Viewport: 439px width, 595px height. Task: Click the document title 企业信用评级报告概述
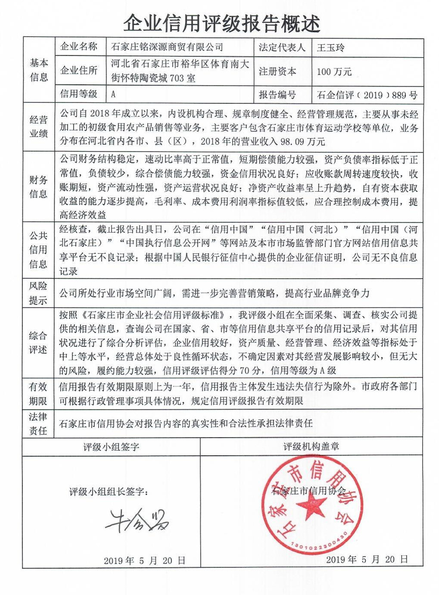click(221, 22)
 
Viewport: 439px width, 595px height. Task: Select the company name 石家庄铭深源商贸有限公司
click(167, 47)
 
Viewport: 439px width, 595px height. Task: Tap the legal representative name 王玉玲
click(330, 47)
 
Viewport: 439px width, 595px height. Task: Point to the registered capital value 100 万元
click(334, 72)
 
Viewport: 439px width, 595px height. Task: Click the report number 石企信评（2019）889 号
click(367, 95)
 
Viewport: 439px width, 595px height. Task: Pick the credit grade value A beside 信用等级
click(113, 94)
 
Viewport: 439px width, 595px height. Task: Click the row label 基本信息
click(39, 70)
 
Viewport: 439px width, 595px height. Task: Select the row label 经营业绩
click(39, 127)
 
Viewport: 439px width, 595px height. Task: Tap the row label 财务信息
click(39, 187)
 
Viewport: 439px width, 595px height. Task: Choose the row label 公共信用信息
click(38, 250)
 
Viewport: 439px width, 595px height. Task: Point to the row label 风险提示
click(38, 293)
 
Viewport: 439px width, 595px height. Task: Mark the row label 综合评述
click(38, 343)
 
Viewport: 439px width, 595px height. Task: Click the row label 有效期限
click(38, 393)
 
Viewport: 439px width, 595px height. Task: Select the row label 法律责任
click(38, 424)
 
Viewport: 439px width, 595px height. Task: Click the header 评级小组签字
click(111, 447)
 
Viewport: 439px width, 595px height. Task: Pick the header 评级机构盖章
click(311, 447)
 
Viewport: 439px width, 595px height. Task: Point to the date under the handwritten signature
click(144, 561)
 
